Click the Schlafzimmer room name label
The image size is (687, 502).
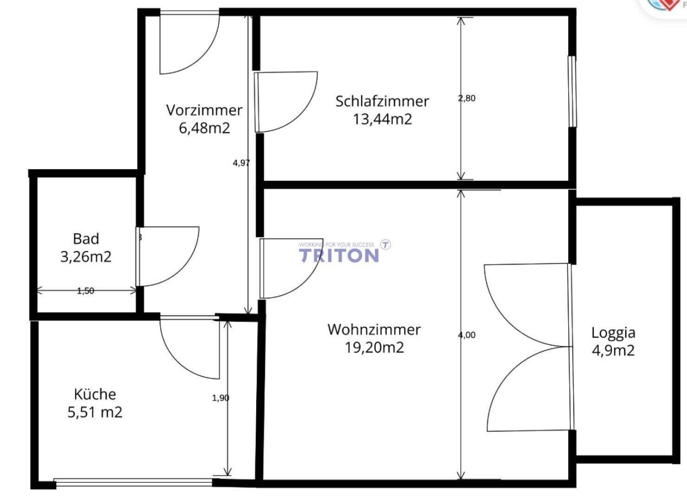coord(382,101)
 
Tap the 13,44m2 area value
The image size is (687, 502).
coord(382,119)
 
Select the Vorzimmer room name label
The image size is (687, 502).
coord(204,110)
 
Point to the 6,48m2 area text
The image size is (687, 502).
coord(204,128)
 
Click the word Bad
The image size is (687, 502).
coord(86,239)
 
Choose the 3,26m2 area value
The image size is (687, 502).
coord(86,257)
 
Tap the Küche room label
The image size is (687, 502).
coord(95,394)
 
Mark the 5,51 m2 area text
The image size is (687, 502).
coord(95,412)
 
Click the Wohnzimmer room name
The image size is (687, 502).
coord(374,330)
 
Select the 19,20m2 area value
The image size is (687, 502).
coord(374,347)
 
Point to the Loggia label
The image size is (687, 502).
coord(613,333)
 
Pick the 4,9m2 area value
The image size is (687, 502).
coord(613,350)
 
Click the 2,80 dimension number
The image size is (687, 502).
coord(467,98)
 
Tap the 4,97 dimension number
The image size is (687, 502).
coord(241,163)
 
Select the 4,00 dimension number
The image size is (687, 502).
coord(467,335)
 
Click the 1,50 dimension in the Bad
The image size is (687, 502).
coord(86,291)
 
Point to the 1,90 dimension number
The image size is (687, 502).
coord(221,398)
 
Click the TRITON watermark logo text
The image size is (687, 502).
coord(339,256)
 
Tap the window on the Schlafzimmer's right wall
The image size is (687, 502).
coord(572,91)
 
